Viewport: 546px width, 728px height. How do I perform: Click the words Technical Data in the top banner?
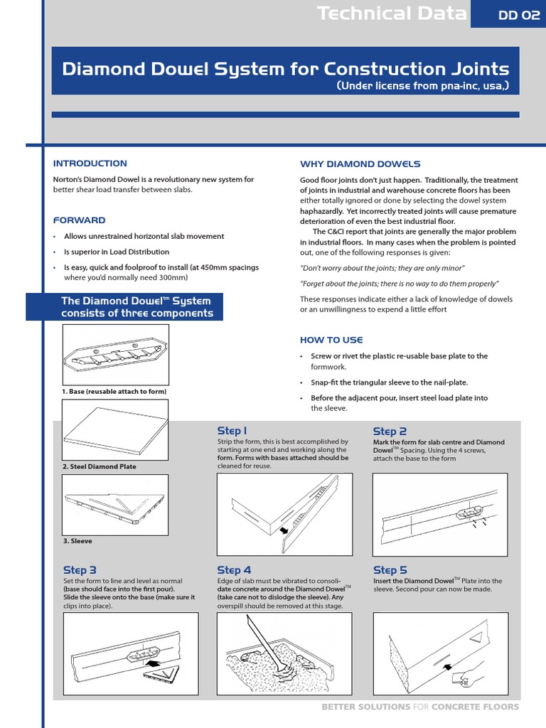[392, 14]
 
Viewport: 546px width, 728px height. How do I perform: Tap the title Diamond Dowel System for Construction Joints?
[286, 69]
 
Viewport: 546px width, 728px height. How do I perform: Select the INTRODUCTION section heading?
[90, 164]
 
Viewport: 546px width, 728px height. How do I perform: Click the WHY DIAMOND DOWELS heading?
[360, 164]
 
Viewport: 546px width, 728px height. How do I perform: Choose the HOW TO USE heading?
[331, 340]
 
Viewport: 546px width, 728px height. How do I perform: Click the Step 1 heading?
[232, 431]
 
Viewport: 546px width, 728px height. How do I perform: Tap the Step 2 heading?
[390, 432]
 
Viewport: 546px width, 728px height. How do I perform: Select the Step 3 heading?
[80, 570]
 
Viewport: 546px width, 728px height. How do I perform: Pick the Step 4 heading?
[234, 570]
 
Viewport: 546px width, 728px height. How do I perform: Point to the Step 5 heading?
[390, 570]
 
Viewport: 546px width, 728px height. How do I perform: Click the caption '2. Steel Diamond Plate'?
[100, 466]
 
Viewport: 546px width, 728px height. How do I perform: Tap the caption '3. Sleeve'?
[77, 541]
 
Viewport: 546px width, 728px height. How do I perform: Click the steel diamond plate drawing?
[115, 430]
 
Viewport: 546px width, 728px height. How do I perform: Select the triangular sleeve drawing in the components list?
[115, 503]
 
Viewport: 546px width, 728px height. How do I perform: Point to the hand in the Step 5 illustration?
[470, 678]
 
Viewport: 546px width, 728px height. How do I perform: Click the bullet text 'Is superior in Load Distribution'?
[117, 252]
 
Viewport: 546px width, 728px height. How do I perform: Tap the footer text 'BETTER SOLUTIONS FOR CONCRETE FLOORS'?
[420, 707]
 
